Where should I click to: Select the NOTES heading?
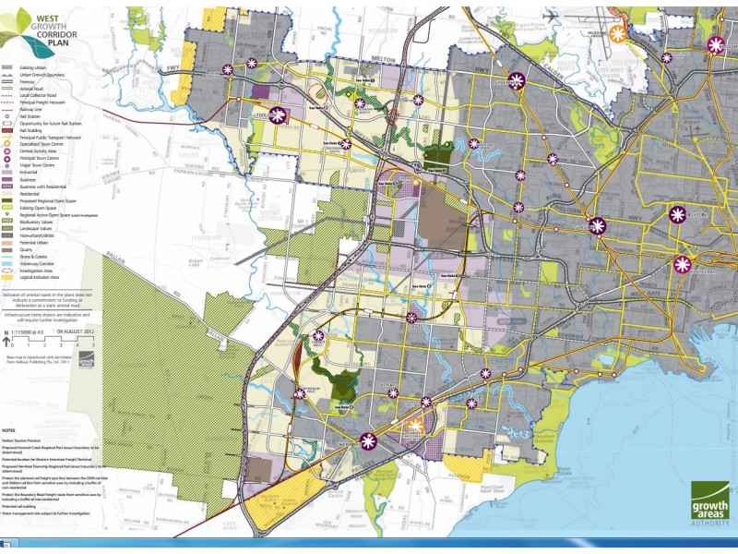pyautogui.click(x=10, y=430)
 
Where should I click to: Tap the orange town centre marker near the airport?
pyautogui.click(x=619, y=32)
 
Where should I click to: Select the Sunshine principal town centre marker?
pyautogui.click(x=599, y=225)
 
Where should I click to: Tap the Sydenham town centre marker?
pyautogui.click(x=517, y=81)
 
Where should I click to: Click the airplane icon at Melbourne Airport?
pyautogui.click(x=551, y=17)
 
